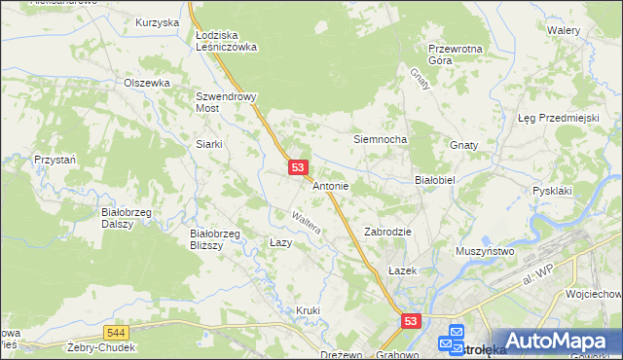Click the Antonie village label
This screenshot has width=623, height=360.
(x=331, y=185)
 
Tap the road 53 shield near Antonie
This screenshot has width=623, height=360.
(x=299, y=168)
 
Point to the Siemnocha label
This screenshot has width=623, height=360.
(x=380, y=139)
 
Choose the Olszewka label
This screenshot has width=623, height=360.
(x=147, y=83)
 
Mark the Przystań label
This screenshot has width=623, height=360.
(x=55, y=159)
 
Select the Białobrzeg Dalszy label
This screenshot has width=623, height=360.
(x=124, y=216)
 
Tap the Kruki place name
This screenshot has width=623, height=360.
(x=308, y=309)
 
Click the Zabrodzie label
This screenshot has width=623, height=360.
(x=388, y=232)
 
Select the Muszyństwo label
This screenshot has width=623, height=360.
(x=485, y=251)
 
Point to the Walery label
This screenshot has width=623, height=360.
(x=564, y=30)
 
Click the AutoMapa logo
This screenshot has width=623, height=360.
(x=551, y=342)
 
